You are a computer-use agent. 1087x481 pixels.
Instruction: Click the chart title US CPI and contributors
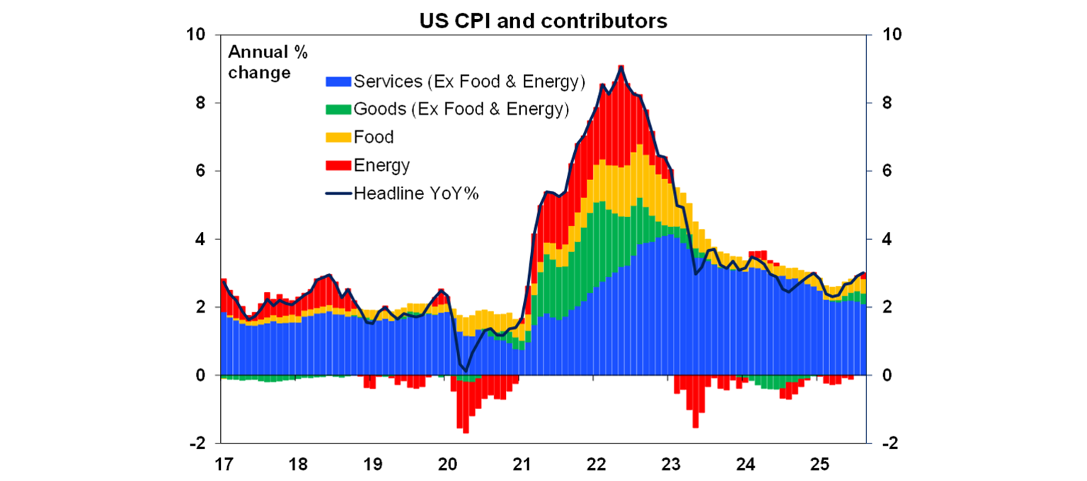point(543,21)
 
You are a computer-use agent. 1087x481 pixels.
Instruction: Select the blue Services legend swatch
point(338,82)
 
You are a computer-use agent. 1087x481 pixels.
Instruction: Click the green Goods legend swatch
point(338,110)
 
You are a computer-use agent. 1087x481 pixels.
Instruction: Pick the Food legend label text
point(374,137)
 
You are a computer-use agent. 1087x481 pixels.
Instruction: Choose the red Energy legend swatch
point(338,166)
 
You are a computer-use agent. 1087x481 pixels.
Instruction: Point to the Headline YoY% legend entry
point(403,193)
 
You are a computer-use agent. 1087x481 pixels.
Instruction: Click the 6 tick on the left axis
point(200,171)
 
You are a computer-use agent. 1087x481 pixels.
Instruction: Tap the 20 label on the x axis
point(447,466)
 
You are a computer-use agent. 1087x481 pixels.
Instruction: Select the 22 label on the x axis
point(596,466)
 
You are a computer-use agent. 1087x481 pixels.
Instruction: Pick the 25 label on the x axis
point(819,466)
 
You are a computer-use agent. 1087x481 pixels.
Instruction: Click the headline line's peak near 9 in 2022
point(621,67)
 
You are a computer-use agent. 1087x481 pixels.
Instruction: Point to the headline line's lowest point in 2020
point(466,370)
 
